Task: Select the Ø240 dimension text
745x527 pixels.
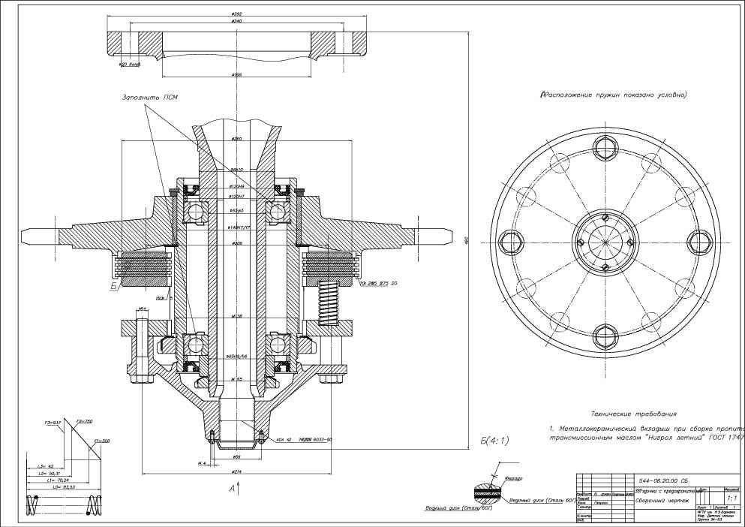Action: [236, 21]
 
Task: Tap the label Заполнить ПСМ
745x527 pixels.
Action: [151, 98]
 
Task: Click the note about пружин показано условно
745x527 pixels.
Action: [613, 95]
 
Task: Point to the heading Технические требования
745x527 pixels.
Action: [633, 414]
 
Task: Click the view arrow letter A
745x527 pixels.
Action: [232, 489]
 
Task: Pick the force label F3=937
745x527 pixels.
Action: [52, 423]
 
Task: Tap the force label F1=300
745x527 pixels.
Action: [101, 441]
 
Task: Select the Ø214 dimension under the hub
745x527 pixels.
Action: [236, 471]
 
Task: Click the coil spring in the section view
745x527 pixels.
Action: [329, 301]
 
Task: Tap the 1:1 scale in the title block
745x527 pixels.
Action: [731, 497]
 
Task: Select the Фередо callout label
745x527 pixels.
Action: [514, 478]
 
